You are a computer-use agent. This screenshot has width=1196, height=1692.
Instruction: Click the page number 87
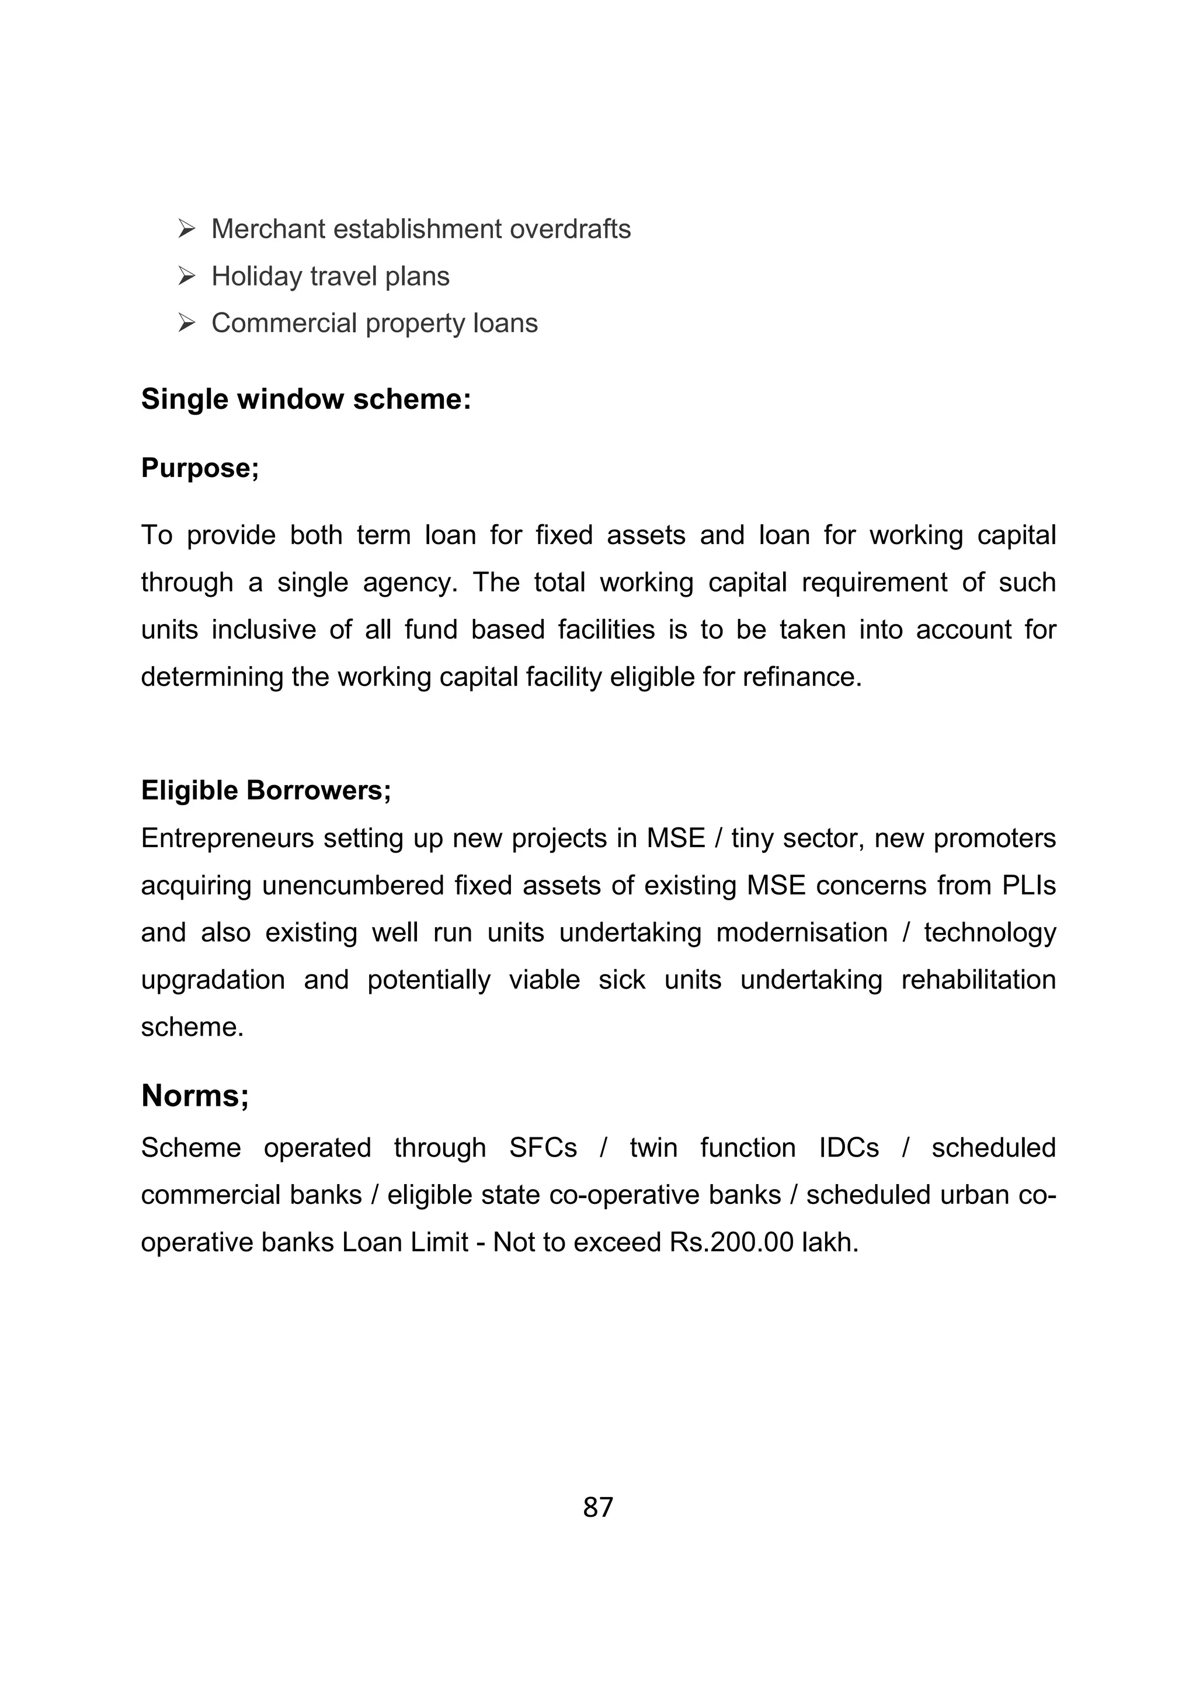pyautogui.click(x=597, y=1508)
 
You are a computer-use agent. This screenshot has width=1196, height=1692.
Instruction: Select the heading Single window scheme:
pyautogui.click(x=306, y=399)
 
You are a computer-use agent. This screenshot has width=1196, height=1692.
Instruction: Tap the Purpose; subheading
pyautogui.click(x=200, y=468)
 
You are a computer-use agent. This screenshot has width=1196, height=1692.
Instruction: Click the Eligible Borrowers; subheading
pyautogui.click(x=266, y=791)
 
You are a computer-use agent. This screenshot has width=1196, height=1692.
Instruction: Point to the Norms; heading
pyautogui.click(x=195, y=1096)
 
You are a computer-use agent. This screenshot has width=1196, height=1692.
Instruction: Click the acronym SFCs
pyautogui.click(x=543, y=1148)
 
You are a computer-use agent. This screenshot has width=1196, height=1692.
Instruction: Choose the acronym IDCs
pyautogui.click(x=849, y=1148)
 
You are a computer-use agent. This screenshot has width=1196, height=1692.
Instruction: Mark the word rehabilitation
pyautogui.click(x=979, y=980)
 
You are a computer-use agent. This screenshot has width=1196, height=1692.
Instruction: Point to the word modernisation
pyautogui.click(x=802, y=933)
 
